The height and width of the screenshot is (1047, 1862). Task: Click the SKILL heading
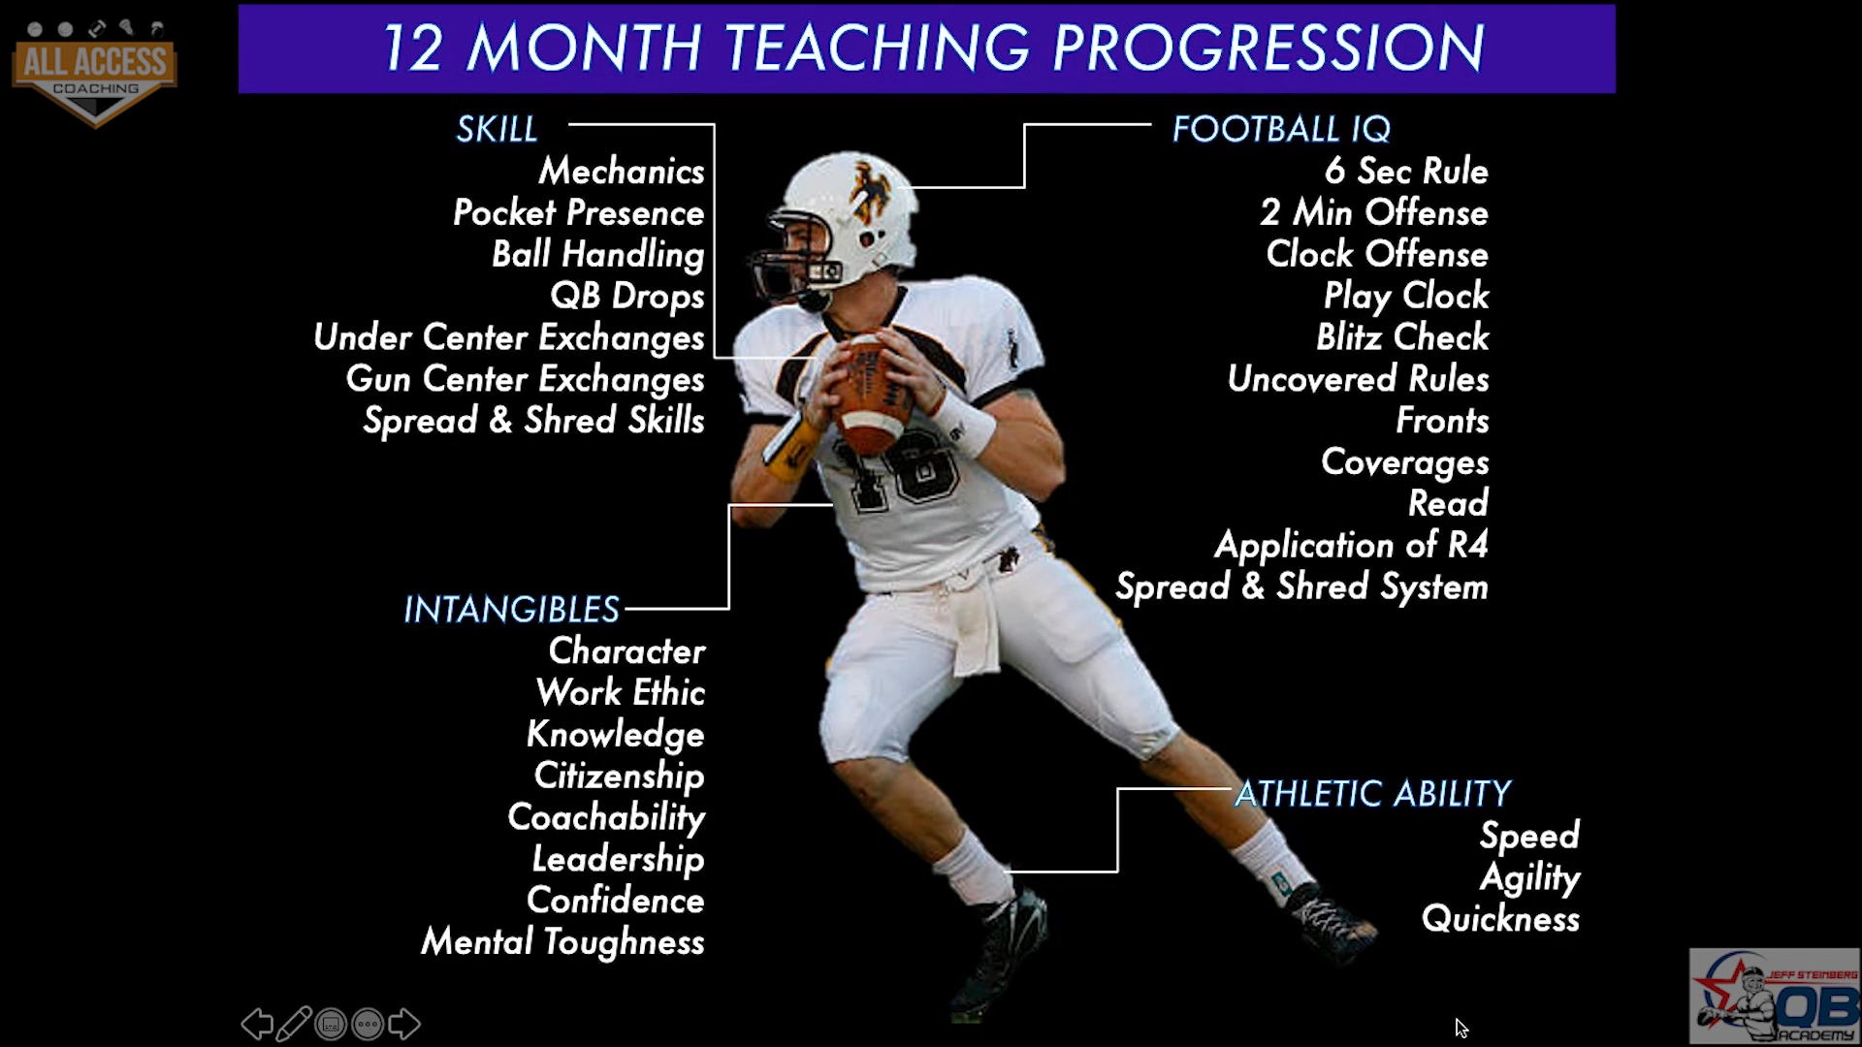[497, 129]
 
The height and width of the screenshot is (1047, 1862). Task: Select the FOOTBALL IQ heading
[1281, 129]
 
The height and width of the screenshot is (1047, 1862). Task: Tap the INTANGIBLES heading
[511, 610]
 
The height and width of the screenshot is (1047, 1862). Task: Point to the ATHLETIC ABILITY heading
[1372, 794]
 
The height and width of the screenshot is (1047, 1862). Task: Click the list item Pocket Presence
[578, 212]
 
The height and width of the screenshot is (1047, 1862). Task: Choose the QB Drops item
[627, 296]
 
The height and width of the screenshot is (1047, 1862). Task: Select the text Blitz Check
[1402, 337]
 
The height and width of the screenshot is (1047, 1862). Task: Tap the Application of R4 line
[1351, 545]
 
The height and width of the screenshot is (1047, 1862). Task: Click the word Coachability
[606, 817]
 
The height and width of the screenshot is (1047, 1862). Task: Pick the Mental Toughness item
[562, 942]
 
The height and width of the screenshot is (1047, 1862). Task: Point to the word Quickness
[1500, 919]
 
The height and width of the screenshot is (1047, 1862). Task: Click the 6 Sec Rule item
[1406, 172]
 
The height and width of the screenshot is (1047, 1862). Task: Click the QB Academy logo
[1775, 996]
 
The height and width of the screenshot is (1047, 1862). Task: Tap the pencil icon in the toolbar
[294, 1024]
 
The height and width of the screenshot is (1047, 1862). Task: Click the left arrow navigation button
[257, 1024]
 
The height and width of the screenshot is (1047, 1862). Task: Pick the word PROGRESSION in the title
[1268, 48]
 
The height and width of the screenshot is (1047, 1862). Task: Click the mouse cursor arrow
[1461, 1029]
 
